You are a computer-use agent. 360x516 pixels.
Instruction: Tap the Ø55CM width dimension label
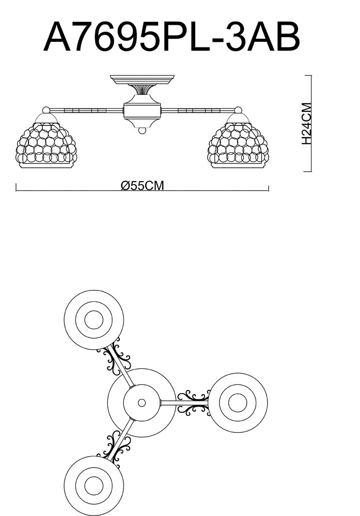(142, 186)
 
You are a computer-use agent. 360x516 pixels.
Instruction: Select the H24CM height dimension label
(306, 124)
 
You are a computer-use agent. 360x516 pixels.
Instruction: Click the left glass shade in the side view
(46, 146)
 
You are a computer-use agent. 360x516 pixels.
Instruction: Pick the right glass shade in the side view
(238, 146)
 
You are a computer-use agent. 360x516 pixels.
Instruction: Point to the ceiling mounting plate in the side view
(142, 80)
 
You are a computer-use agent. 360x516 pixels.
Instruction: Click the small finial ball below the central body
(142, 131)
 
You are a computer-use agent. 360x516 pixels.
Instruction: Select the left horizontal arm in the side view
(85, 110)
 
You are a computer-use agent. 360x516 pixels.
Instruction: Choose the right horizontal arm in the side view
(199, 110)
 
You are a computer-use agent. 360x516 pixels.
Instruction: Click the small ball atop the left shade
(46, 109)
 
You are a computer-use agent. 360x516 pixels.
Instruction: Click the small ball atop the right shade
(238, 109)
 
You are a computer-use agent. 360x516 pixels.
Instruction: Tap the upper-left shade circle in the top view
(93, 320)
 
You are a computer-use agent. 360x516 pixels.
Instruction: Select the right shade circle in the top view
(238, 402)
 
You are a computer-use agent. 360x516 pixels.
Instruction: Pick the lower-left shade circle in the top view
(93, 486)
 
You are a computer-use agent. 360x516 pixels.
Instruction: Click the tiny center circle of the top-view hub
(142, 402)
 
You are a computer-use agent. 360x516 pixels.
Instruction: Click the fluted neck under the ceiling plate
(142, 91)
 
